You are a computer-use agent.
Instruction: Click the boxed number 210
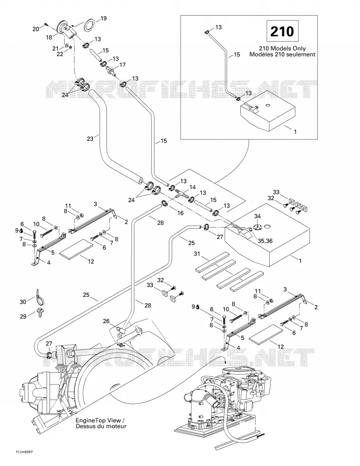coord(282,31)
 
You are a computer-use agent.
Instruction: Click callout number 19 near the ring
coord(103,19)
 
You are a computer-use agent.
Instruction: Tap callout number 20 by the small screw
coord(36,29)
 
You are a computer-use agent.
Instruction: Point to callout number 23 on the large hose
coord(90,138)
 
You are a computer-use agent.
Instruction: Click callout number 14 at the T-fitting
coord(192,187)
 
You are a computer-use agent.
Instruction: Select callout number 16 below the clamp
coord(180,213)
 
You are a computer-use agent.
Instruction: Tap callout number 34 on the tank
coord(257,216)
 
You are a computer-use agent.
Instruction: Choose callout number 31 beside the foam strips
coord(197,254)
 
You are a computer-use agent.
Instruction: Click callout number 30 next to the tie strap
coord(23,302)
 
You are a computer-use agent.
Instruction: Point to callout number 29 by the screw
coord(23,316)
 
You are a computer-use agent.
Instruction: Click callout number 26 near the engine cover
coord(106,321)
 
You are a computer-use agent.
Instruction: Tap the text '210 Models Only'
coord(282,49)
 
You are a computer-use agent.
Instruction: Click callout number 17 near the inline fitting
coord(123,65)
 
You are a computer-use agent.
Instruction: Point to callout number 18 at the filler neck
coord(49,37)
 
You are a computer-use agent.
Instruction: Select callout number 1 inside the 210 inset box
coord(295,131)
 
